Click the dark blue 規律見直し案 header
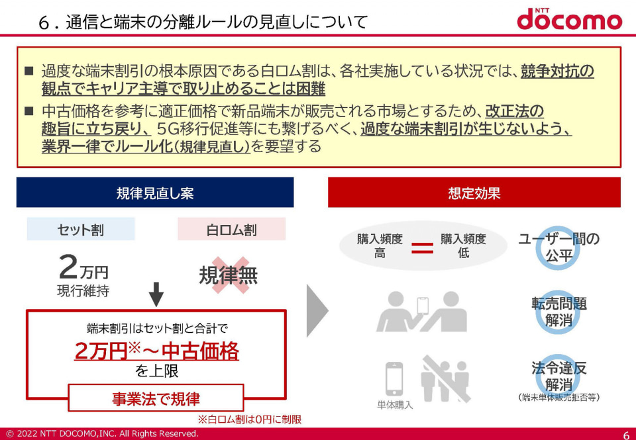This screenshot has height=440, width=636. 155,193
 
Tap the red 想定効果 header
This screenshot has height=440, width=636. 474,193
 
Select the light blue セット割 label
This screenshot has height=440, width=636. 81,230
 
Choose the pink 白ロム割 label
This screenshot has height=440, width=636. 231,230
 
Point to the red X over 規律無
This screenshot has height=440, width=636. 229,275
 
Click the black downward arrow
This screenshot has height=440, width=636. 156,294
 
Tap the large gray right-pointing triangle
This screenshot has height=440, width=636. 317,311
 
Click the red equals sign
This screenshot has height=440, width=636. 422,248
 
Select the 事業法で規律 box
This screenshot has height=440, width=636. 156,398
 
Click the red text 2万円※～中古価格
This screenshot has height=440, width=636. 156,351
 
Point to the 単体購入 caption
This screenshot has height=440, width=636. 395,405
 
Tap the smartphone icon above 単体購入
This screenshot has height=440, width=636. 395,378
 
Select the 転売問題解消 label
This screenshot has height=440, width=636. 558,311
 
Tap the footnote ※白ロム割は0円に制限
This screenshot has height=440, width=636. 250,419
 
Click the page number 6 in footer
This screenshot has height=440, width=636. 625,434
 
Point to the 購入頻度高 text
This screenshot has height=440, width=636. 380,245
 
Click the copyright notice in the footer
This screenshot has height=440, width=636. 102,434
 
